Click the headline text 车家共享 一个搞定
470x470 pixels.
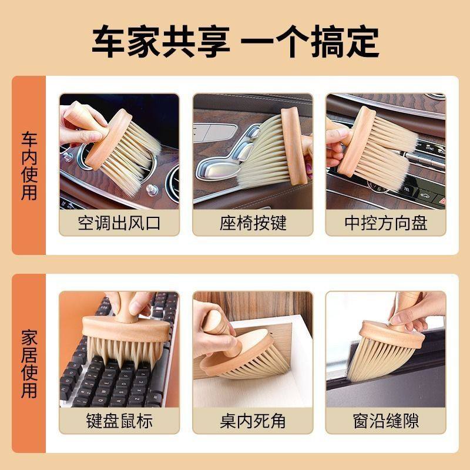[x=235, y=41]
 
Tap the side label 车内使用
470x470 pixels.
[x=29, y=166]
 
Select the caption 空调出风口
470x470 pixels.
[x=119, y=223]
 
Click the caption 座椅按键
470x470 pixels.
[x=253, y=223]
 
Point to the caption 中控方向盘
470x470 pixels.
[x=385, y=223]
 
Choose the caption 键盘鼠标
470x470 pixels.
[x=119, y=421]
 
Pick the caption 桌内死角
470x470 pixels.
[x=253, y=421]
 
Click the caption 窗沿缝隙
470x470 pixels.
[x=385, y=421]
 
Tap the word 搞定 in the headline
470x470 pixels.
[x=341, y=41]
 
